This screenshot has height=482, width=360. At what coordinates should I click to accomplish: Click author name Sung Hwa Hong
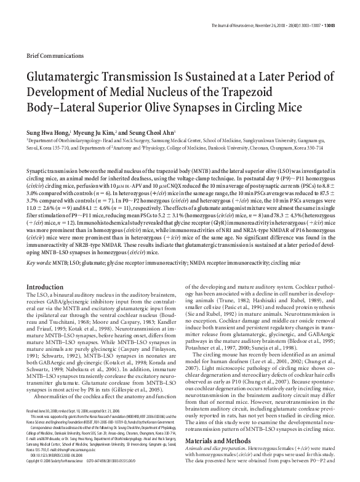pos(47,132)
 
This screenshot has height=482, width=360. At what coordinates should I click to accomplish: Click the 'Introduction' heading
pos(44,287)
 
